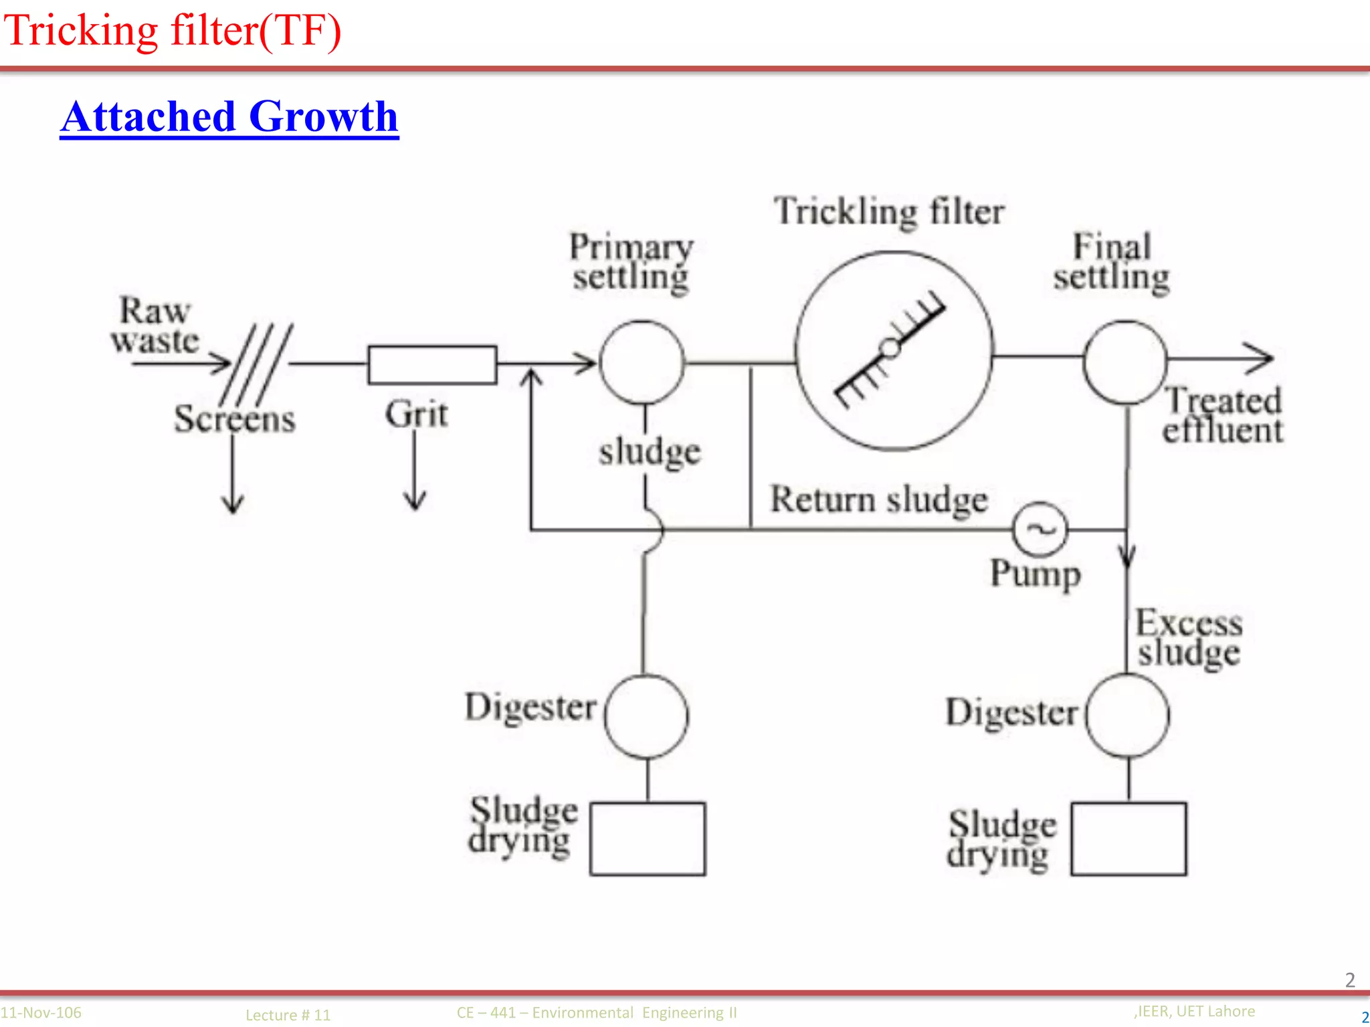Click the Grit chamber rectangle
point(432,364)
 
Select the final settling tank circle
point(1126,362)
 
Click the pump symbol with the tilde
point(1040,529)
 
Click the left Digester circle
point(646,716)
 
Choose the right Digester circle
point(1128,715)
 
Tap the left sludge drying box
point(648,838)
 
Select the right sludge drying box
point(1129,838)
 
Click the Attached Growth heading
point(229,116)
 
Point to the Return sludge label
point(878,499)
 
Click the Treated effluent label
point(1223,415)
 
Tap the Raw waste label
point(155,326)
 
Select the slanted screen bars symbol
point(256,364)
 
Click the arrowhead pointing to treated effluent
point(1263,358)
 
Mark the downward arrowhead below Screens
point(233,504)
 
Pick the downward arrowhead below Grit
point(415,501)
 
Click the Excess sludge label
point(1189,637)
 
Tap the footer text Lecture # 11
point(288,1014)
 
